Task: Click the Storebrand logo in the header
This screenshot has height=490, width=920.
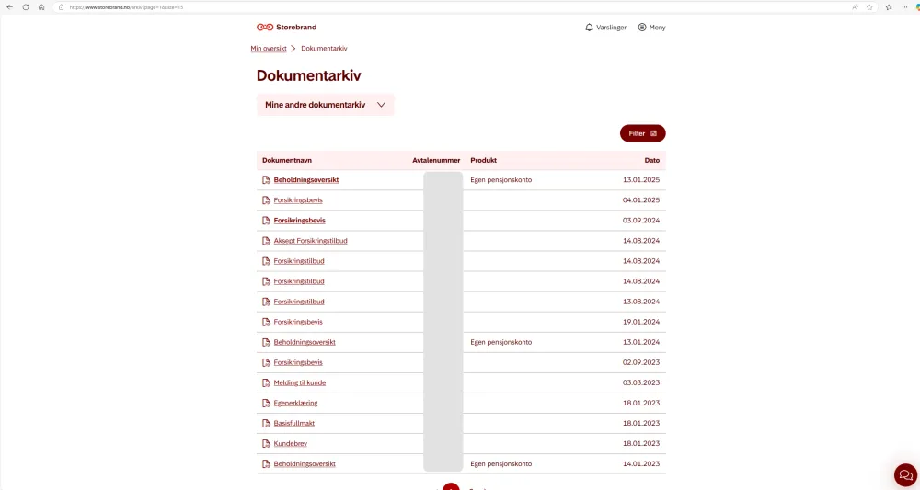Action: point(286,28)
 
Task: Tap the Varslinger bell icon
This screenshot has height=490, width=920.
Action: point(590,28)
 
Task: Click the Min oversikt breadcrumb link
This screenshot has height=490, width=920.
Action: point(269,48)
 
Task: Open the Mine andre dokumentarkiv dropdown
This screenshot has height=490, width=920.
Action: point(325,105)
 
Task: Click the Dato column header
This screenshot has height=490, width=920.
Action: point(651,160)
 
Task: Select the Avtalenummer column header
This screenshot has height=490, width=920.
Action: point(436,160)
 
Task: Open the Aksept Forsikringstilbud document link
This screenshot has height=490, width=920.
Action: point(310,241)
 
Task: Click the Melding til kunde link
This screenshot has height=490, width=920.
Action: point(299,382)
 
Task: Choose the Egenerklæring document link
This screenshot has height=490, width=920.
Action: point(295,403)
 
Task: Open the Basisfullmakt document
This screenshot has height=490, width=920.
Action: point(293,423)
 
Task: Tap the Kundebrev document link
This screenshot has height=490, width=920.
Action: point(290,443)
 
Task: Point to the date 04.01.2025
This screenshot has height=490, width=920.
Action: point(641,200)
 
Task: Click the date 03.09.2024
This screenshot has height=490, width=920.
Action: point(641,221)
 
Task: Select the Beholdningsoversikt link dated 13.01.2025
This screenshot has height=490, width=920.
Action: point(305,180)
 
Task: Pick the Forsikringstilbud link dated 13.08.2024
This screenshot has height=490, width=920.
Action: point(298,302)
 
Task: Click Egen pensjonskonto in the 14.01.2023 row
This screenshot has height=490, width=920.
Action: point(500,463)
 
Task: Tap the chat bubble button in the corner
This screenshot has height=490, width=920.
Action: point(905,474)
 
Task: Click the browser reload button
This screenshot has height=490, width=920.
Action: point(25,6)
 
